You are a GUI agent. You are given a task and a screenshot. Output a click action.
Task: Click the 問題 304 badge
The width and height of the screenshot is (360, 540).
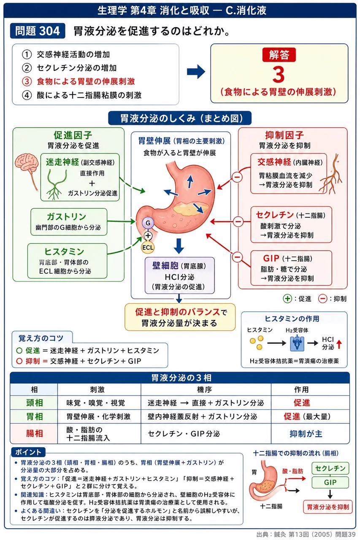[38, 31]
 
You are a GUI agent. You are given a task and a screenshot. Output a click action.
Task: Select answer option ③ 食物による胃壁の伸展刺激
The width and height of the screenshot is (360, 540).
[78, 81]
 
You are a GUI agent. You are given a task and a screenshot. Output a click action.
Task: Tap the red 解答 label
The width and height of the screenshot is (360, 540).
[279, 55]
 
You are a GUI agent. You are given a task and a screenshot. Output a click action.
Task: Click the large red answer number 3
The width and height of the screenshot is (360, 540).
[279, 75]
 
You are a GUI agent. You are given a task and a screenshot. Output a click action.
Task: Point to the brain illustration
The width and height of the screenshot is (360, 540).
[27, 166]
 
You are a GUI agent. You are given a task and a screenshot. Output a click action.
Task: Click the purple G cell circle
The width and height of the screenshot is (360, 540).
[148, 223]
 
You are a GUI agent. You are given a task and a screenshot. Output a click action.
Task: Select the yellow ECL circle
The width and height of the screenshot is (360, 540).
[148, 247]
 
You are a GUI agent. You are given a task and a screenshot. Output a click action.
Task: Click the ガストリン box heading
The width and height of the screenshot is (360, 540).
[66, 216]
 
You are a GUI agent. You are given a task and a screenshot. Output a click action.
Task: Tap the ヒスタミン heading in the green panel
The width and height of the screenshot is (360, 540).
[64, 251]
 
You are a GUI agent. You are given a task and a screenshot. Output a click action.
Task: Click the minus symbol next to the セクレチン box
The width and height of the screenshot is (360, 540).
[238, 221]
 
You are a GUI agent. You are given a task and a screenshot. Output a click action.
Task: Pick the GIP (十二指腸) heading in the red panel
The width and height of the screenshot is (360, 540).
[288, 259]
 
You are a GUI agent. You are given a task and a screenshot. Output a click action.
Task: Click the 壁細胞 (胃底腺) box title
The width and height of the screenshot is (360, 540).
[179, 266]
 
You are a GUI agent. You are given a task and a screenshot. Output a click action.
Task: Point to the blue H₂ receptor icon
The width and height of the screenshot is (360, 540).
[297, 343]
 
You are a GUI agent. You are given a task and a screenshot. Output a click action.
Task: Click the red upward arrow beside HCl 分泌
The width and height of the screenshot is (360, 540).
[339, 344]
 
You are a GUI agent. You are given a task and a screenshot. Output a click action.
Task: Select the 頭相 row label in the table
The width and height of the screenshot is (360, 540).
[34, 402]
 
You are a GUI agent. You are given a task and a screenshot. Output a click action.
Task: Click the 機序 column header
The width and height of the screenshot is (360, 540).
[204, 389]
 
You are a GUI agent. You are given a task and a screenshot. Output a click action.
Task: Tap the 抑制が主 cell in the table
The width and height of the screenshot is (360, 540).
[306, 434]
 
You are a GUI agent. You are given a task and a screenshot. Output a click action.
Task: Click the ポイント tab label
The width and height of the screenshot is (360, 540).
[28, 452]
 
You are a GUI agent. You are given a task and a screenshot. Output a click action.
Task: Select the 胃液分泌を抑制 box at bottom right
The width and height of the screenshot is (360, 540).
[328, 507]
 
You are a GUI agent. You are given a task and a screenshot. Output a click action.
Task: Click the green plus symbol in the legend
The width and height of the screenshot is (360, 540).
[287, 299]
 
